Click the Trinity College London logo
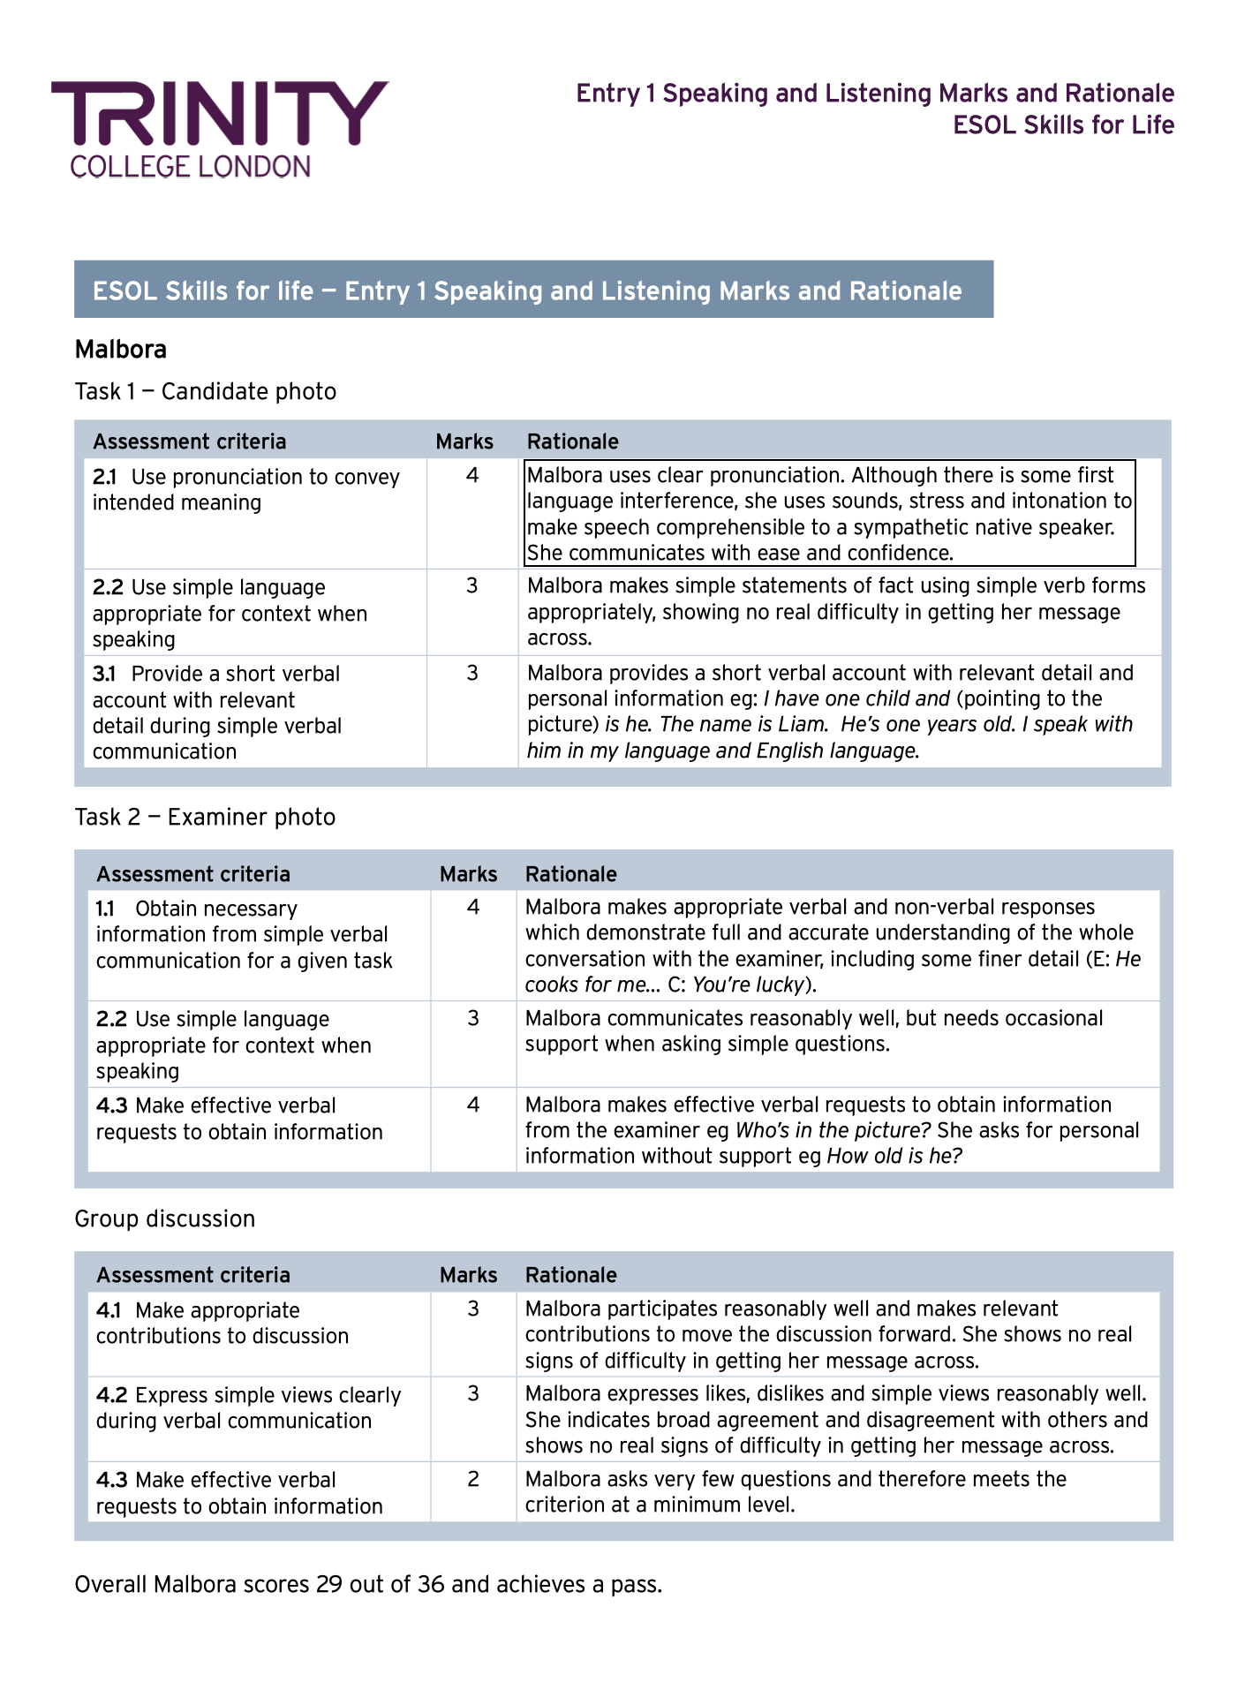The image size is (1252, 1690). coord(219,128)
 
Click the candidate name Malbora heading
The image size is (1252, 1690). coord(121,350)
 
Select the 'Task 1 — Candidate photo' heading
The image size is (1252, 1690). coord(206,391)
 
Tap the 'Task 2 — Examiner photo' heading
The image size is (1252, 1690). coord(205,817)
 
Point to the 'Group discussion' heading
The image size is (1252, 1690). coord(165,1218)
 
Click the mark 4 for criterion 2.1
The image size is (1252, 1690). coord(472,476)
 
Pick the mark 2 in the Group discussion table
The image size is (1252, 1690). coord(473,1479)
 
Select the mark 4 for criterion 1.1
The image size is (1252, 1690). coord(473,907)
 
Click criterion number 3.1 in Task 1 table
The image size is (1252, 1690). coord(104,674)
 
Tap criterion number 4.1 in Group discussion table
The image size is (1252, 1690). coord(109,1310)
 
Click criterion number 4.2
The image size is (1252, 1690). coord(111,1395)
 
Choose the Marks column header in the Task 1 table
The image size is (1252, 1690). coord(464,441)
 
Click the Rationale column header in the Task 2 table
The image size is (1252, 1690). coord(571,874)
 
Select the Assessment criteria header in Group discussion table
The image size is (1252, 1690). coord(193,1275)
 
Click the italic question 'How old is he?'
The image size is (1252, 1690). coord(894,1157)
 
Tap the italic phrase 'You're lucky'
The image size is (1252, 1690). coord(749,985)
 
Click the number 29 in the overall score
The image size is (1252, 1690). coord(329,1584)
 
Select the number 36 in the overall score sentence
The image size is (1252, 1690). coord(431,1584)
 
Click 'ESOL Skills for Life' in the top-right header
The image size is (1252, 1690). coord(1063,125)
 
